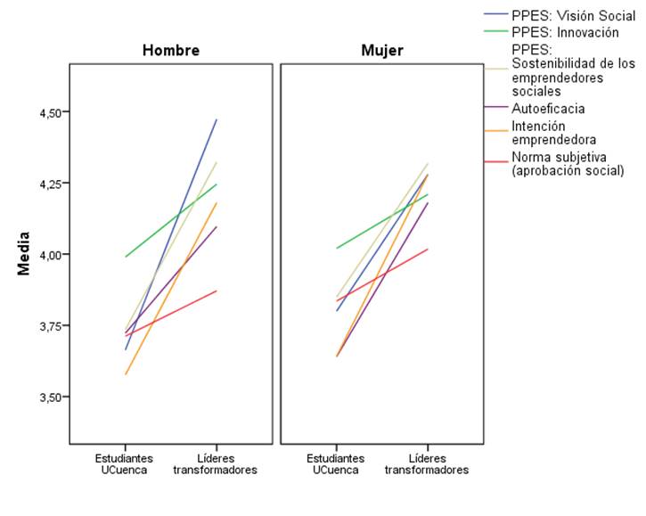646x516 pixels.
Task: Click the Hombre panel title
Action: pyautogui.click(x=170, y=51)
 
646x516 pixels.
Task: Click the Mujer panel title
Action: pyautogui.click(x=381, y=51)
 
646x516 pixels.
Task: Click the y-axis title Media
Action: pyautogui.click(x=24, y=254)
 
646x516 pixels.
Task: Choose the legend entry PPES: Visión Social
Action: pyautogui.click(x=573, y=15)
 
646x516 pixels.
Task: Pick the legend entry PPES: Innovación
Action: pyautogui.click(x=565, y=32)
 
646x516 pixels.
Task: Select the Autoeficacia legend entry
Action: pyautogui.click(x=548, y=108)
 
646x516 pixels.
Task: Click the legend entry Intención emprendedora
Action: pyautogui.click(x=553, y=133)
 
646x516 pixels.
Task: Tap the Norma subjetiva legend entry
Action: pyautogui.click(x=568, y=164)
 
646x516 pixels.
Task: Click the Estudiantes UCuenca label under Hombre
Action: pyautogui.click(x=126, y=463)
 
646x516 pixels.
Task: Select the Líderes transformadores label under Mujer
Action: pyautogui.click(x=427, y=463)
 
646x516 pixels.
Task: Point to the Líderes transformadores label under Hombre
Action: pyautogui.click(x=216, y=463)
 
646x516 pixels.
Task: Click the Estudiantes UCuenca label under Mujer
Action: pyautogui.click(x=337, y=463)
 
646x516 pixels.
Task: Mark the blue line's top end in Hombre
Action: pyautogui.click(x=217, y=119)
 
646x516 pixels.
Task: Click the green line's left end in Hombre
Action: pyautogui.click(x=126, y=257)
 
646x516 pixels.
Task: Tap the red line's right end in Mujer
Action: pyautogui.click(x=428, y=249)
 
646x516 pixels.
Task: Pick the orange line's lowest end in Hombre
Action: pyautogui.click(x=126, y=374)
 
